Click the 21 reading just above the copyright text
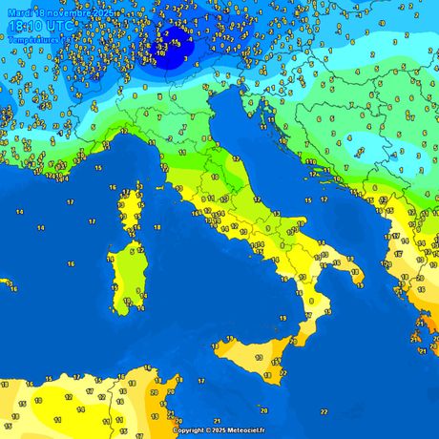218,420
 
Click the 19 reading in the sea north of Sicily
229,339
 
